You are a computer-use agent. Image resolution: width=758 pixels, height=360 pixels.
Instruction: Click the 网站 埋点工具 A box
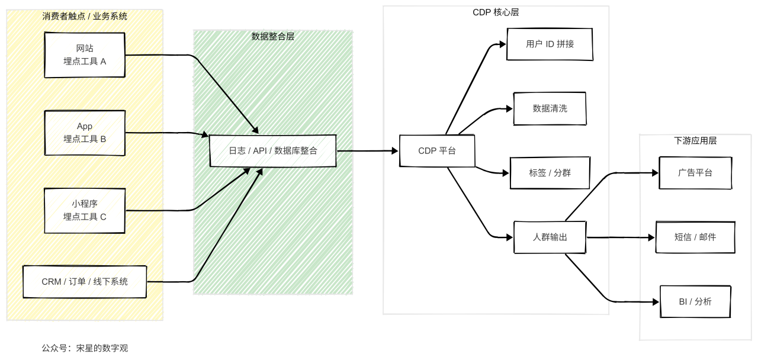(85, 54)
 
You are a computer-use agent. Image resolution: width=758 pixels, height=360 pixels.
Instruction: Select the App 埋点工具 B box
(85, 133)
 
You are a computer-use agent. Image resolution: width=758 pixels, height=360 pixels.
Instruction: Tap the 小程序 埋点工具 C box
(85, 210)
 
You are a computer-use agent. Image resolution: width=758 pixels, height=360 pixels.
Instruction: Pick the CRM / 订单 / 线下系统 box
(85, 281)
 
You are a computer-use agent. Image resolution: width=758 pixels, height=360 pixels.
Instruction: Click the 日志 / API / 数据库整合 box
(273, 150)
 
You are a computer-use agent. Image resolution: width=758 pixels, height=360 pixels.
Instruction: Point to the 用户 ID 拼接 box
(550, 44)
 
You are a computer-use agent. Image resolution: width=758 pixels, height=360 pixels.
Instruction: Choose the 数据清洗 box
(550, 108)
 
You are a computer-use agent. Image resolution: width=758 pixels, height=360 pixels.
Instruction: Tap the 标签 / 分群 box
(550, 173)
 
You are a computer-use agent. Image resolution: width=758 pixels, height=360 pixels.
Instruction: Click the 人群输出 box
(550, 237)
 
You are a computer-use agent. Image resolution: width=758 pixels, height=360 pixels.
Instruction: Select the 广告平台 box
(695, 173)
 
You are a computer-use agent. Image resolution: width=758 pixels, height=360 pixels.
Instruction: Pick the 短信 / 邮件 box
(695, 237)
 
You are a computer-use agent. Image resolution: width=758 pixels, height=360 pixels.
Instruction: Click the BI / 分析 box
(695, 301)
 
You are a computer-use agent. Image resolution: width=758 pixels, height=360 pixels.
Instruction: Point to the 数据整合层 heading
(273, 36)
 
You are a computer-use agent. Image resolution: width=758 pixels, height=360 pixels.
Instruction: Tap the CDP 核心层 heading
(496, 12)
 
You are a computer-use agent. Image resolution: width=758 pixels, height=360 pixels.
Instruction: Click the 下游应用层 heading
(695, 141)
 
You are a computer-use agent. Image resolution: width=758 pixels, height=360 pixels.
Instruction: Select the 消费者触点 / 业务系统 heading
(85, 16)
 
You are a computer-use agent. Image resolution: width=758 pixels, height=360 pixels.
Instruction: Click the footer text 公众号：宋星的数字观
(85, 348)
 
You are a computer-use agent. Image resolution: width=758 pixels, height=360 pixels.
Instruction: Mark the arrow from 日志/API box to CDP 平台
(367, 150)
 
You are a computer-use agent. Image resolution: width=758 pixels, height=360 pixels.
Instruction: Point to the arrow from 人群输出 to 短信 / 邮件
(622, 237)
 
